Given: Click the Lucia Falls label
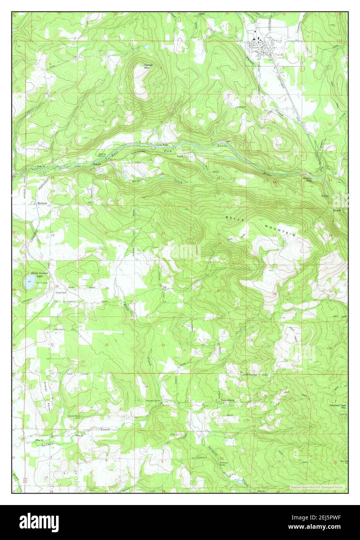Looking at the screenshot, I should click(x=162, y=144).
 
